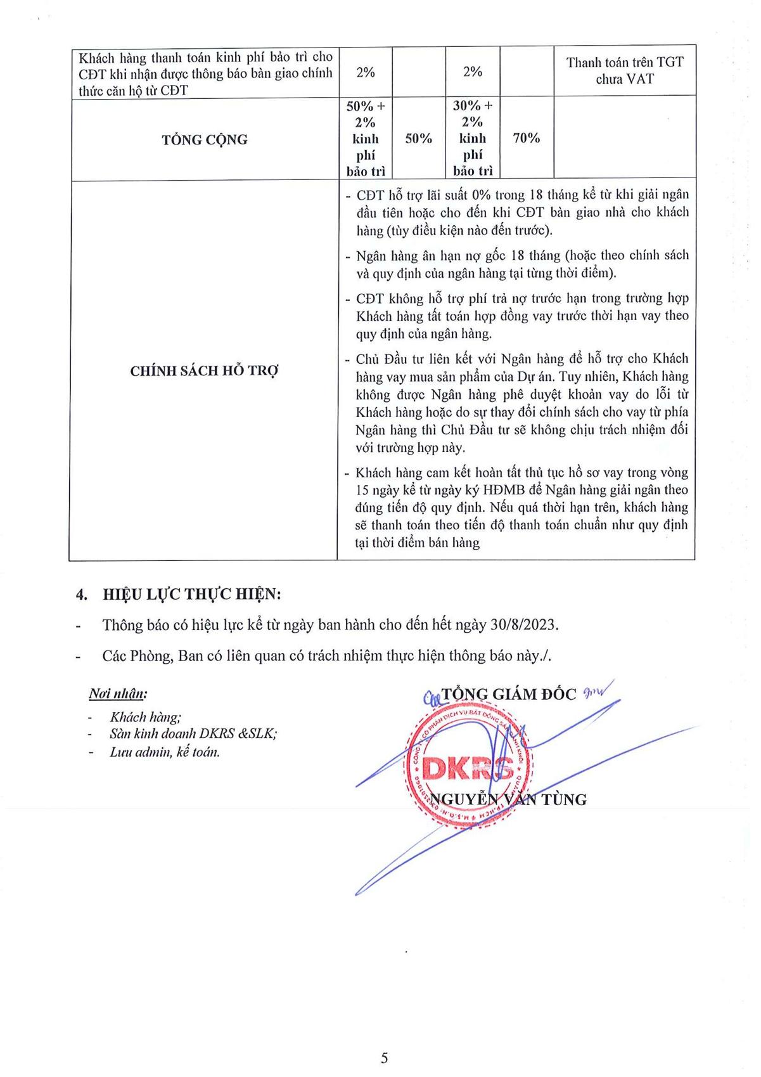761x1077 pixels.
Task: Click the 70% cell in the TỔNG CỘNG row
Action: (526, 138)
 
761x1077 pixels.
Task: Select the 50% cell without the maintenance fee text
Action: (418, 138)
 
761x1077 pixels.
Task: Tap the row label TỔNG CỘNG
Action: (204, 139)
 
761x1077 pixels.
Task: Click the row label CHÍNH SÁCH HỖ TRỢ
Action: (204, 371)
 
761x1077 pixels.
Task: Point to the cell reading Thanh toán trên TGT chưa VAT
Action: (625, 70)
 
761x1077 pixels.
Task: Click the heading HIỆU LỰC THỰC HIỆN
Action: (192, 595)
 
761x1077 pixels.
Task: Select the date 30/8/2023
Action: (524, 624)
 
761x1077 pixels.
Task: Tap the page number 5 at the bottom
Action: (385, 1058)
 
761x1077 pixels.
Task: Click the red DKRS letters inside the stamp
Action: (468, 768)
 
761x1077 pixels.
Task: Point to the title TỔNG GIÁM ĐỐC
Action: (509, 694)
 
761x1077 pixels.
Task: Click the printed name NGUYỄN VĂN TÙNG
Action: (508, 799)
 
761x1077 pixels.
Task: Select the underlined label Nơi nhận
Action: (118, 693)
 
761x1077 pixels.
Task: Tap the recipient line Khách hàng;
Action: (145, 717)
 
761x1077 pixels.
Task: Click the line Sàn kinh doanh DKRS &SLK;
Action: (193, 734)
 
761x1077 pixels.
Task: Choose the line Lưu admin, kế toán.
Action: (164, 752)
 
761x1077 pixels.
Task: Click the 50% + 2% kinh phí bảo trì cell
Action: (366, 138)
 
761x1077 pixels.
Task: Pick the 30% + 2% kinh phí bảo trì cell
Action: (473, 138)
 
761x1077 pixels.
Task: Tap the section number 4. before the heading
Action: (80, 595)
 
